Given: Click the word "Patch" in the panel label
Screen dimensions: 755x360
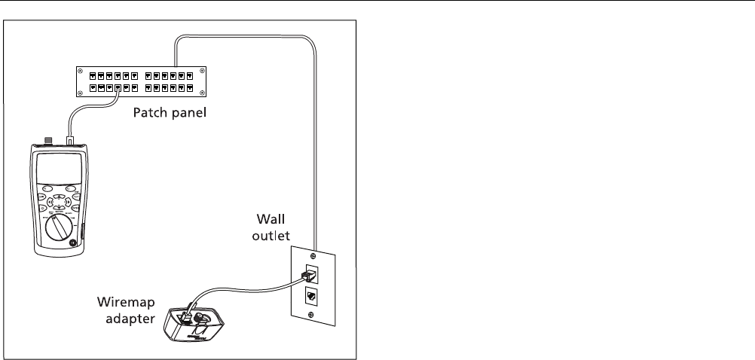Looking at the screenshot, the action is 150,114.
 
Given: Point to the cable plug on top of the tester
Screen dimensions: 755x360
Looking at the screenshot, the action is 71,141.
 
